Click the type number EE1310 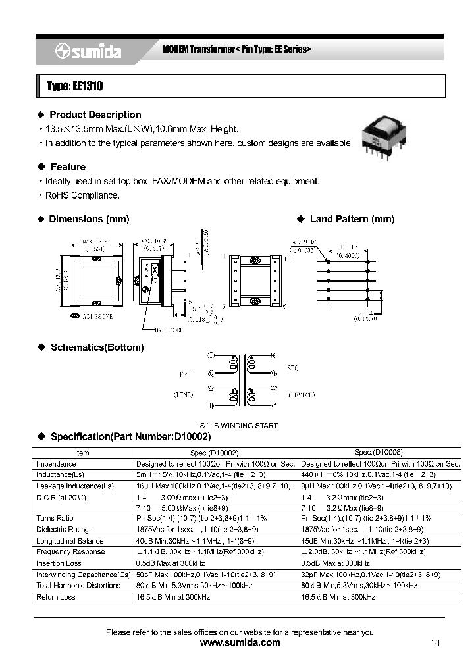click(74, 86)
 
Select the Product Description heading click(95, 115)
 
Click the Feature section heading click(67, 167)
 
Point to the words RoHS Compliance click(82, 195)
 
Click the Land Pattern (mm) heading click(352, 219)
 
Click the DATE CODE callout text click(169, 330)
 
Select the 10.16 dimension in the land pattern click(349, 247)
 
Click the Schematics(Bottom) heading click(97, 347)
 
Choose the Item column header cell click(82, 453)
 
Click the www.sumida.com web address click(239, 643)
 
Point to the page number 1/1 click(435, 643)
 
